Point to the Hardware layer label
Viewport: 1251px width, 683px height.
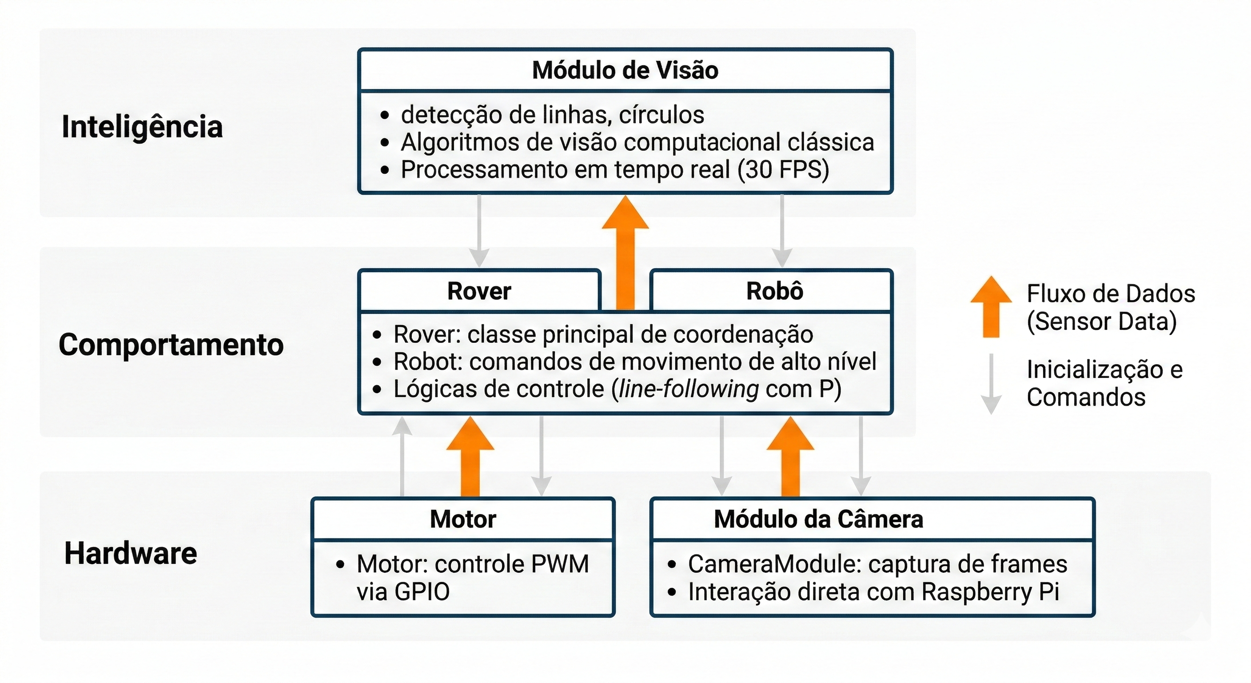[131, 553]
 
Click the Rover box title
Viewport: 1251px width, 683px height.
[479, 291]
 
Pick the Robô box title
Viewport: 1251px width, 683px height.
[775, 291]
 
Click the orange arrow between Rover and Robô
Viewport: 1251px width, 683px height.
[625, 253]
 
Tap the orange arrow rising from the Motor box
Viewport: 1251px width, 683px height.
[470, 457]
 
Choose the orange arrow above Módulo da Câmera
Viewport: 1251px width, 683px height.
[790, 457]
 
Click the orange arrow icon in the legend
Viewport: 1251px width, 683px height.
[991, 306]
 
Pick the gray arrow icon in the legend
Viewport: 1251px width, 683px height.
[991, 384]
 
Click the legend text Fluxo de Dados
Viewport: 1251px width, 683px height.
[1111, 293]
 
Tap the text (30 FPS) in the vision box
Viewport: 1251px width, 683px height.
[783, 170]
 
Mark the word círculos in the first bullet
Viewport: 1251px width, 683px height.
[661, 115]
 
